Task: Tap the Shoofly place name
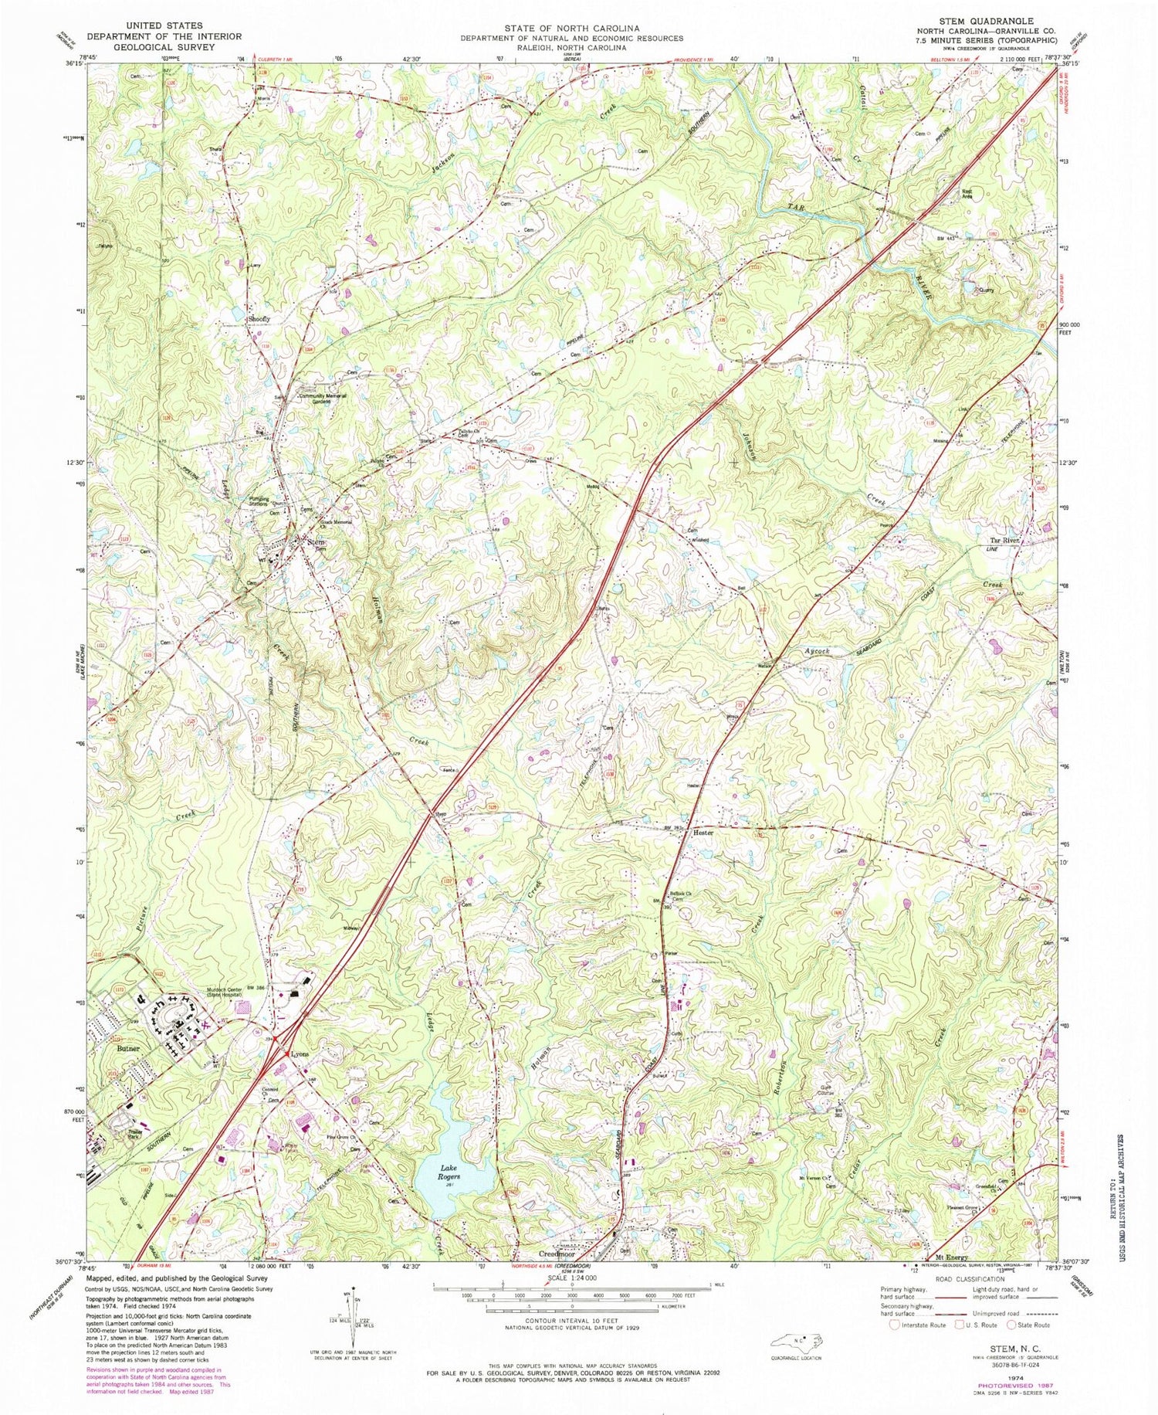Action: tap(259, 318)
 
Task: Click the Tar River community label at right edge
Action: tap(1007, 541)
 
